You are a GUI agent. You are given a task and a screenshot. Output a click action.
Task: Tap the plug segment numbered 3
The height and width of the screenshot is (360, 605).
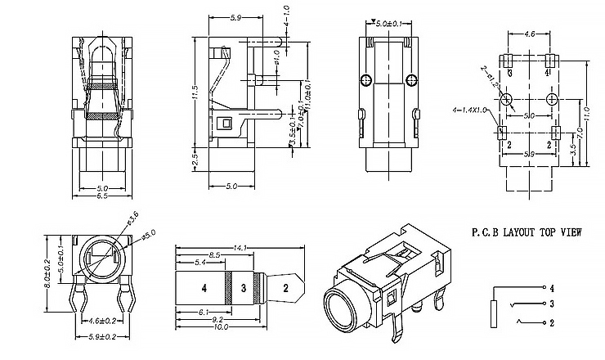click(243, 287)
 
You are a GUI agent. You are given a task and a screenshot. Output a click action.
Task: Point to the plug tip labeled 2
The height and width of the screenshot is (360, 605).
click(285, 287)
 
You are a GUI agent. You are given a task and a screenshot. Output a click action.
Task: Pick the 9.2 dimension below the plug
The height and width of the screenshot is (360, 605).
click(217, 320)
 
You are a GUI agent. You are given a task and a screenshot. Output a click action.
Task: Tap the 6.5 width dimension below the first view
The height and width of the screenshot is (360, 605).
click(102, 196)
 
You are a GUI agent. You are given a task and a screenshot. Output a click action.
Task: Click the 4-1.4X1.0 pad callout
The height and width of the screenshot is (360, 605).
click(469, 110)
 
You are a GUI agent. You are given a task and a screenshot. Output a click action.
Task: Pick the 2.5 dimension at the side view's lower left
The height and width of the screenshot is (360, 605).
click(195, 155)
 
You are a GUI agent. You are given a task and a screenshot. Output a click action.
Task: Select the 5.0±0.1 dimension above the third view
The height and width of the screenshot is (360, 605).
click(388, 24)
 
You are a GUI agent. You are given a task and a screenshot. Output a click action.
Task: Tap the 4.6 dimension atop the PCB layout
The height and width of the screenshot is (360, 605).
click(529, 35)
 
